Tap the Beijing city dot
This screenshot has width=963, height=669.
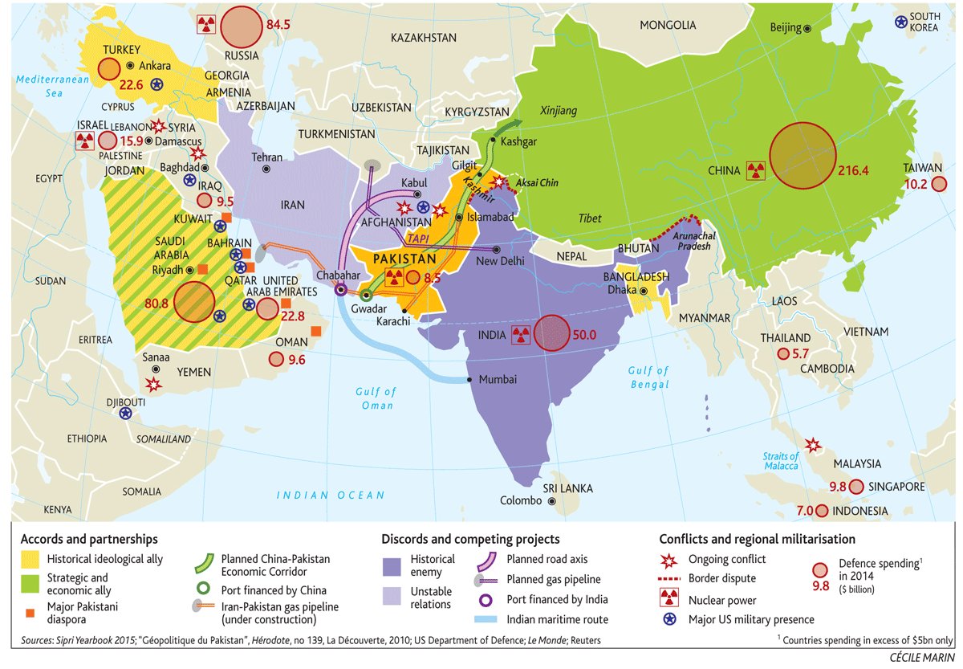807,28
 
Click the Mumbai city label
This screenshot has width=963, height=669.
498,380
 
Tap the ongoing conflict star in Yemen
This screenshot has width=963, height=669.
153,385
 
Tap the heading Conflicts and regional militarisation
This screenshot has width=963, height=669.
757,539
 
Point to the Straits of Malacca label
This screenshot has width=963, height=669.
780,461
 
